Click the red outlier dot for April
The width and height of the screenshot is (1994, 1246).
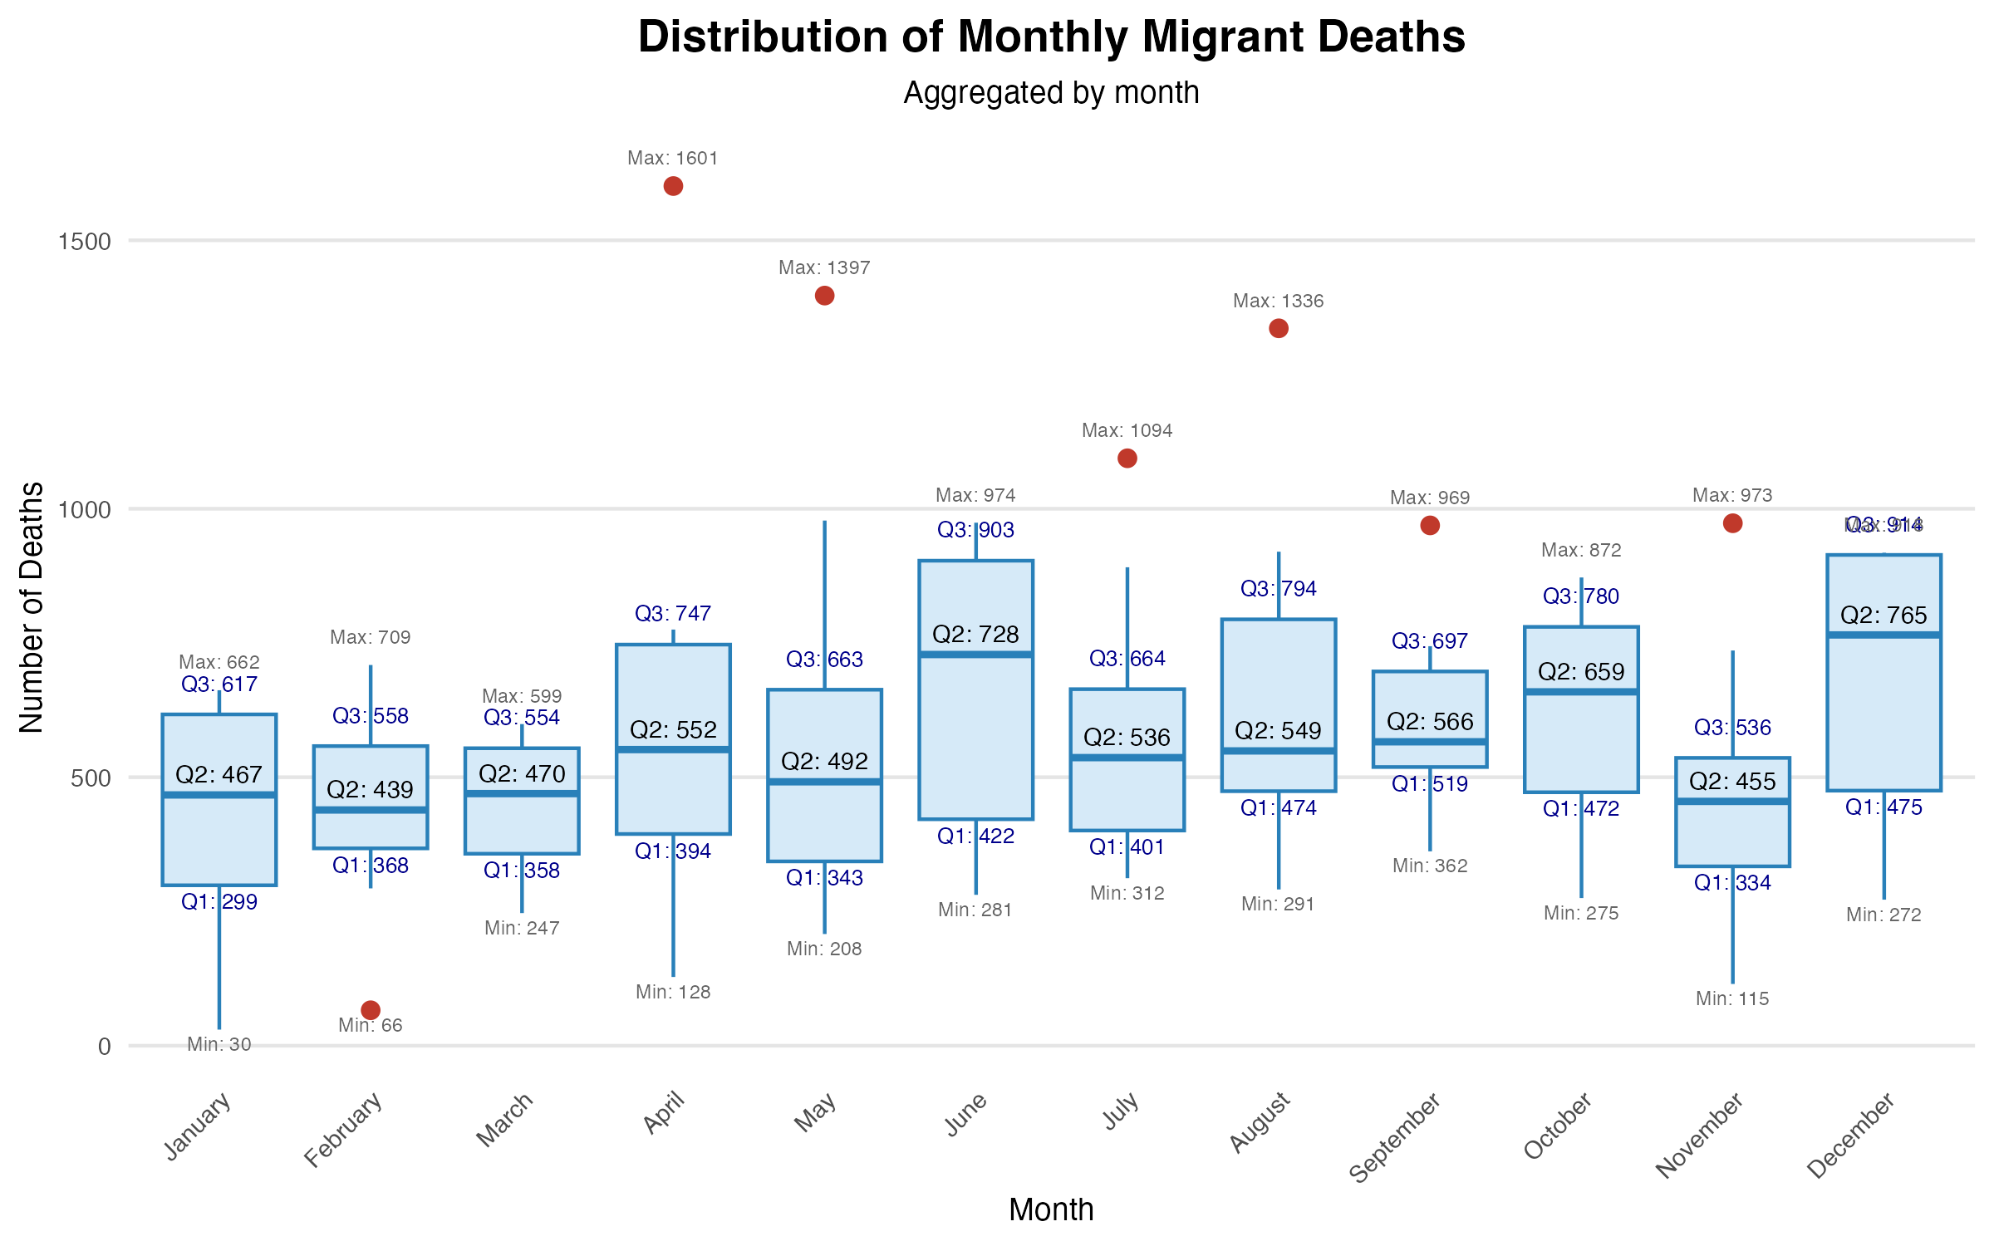[x=673, y=186]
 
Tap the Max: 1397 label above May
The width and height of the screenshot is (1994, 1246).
[x=824, y=267]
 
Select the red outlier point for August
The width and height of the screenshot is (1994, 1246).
[x=1279, y=328]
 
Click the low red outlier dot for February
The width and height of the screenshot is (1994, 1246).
[x=371, y=1009]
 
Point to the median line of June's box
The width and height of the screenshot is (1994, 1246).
[x=975, y=655]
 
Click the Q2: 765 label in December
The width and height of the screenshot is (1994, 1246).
[x=1883, y=616]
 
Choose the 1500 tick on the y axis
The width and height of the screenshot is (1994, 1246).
[x=84, y=242]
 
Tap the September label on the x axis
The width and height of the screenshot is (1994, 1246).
[x=1395, y=1137]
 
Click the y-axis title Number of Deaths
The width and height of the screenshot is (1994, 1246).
[x=32, y=607]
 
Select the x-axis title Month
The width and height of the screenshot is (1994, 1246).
[x=1051, y=1209]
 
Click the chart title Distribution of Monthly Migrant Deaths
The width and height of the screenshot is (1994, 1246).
[x=1051, y=37]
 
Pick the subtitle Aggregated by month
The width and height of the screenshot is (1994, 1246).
[x=1051, y=93]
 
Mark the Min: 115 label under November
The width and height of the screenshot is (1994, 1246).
[x=1732, y=998]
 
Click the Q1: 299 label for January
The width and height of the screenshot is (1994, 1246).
[x=219, y=901]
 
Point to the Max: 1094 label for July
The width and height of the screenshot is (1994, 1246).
[x=1127, y=430]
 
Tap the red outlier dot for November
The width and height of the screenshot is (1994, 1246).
[x=1732, y=523]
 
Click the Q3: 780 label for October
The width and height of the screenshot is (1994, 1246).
[x=1581, y=596]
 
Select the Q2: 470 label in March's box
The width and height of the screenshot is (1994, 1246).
[x=522, y=774]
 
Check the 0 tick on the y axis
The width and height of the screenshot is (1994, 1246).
[x=104, y=1047]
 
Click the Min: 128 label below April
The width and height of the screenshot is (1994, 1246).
[x=673, y=992]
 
